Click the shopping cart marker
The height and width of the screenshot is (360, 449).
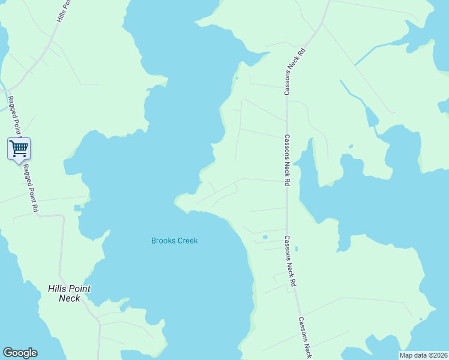pyautogui.click(x=19, y=148)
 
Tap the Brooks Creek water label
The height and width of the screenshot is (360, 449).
pyautogui.click(x=174, y=241)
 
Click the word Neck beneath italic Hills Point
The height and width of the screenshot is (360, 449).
pyautogui.click(x=69, y=298)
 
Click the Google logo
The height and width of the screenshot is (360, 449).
pyautogui.click(x=20, y=353)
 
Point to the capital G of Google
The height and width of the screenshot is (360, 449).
pyautogui.click(x=8, y=353)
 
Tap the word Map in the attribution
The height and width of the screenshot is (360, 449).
pyautogui.click(x=406, y=355)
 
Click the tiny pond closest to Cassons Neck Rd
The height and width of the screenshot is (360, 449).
pyautogui.click(x=297, y=248)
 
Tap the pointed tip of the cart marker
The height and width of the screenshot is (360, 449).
pyautogui.click(x=19, y=163)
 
